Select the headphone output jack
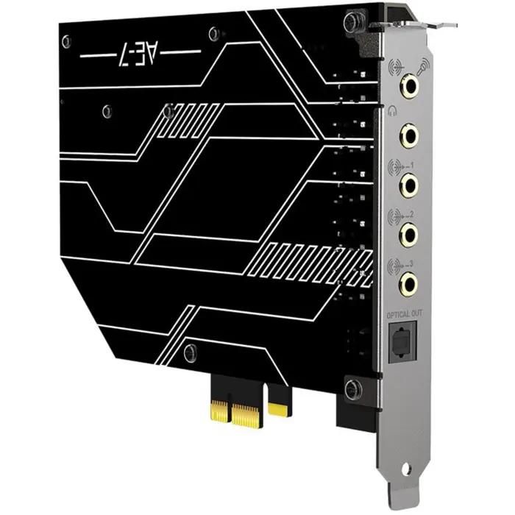(x=406, y=136)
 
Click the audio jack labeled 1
(x=406, y=185)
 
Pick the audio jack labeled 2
(x=406, y=233)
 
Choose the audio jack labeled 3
(x=406, y=281)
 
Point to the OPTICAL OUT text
(x=404, y=315)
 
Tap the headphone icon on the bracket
(x=393, y=112)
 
